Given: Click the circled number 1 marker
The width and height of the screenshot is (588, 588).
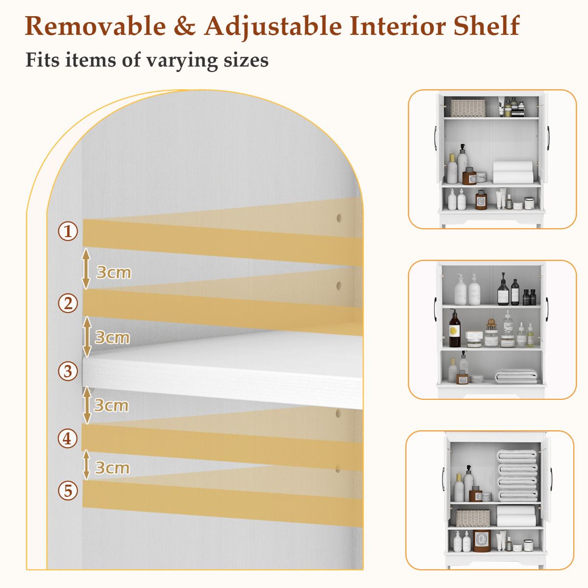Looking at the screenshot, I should tap(68, 231).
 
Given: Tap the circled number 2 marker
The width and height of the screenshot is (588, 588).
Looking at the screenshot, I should tap(68, 303).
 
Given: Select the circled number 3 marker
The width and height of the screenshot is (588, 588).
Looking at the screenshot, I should tap(68, 371).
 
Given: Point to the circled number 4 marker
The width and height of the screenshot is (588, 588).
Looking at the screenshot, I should tap(68, 438).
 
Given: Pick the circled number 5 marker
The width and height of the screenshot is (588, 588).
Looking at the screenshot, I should tap(68, 490).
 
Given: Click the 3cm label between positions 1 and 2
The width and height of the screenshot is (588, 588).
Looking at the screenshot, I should tap(114, 272).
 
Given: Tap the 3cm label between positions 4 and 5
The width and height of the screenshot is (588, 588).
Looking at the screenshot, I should tap(112, 467).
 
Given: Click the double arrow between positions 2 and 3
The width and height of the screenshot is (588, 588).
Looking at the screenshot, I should tap(87, 337).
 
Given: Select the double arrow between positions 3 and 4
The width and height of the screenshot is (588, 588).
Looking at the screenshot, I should tap(87, 405).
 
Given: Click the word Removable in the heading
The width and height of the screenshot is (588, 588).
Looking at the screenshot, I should tap(95, 26).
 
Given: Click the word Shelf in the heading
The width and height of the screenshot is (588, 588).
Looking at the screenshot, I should tap(486, 26).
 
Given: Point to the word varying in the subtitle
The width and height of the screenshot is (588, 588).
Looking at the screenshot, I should tap(175, 60).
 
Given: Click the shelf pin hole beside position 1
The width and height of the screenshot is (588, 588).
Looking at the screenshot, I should tap(339, 217).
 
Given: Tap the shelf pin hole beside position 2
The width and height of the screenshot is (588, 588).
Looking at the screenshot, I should tap(339, 284).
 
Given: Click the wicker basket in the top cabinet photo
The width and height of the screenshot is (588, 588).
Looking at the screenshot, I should tap(467, 108).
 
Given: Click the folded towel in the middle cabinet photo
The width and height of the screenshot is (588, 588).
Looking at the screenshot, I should tap(516, 376).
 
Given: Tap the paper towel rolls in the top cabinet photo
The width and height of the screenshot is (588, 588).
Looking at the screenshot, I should tap(513, 172).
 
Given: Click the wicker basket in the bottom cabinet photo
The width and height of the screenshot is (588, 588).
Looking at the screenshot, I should tap(473, 517).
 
